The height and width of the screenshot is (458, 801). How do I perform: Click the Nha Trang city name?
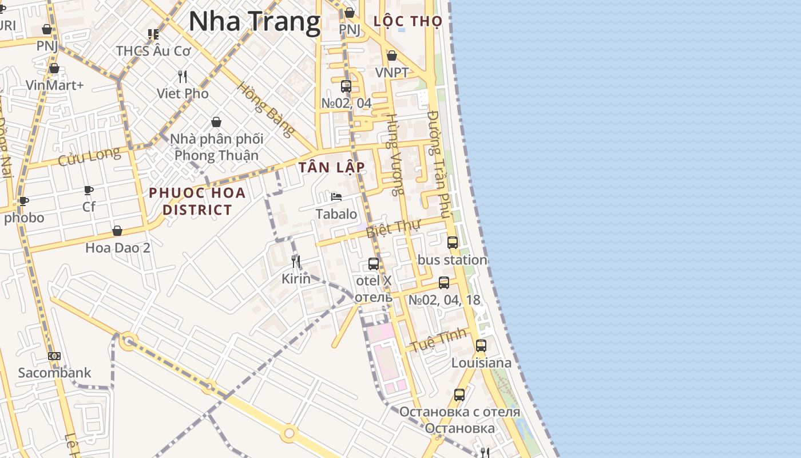click(x=254, y=22)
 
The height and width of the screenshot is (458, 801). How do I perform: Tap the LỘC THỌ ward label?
click(x=407, y=22)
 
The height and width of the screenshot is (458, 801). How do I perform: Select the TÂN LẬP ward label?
click(x=331, y=167)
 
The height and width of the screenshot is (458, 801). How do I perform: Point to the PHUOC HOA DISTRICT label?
click(x=197, y=201)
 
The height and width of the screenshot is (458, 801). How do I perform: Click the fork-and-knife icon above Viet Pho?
click(x=183, y=76)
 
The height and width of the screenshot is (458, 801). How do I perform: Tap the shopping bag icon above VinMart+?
click(x=54, y=69)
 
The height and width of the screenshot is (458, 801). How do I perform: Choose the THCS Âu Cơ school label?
click(x=153, y=51)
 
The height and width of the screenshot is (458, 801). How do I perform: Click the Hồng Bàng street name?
click(x=266, y=109)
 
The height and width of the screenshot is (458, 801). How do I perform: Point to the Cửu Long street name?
click(x=89, y=156)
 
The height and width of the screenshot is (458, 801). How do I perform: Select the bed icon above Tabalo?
click(x=336, y=197)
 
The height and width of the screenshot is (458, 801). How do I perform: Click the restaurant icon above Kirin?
click(x=296, y=262)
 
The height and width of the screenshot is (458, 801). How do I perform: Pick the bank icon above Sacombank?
click(x=54, y=356)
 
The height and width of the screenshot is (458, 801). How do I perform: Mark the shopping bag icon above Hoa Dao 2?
click(x=117, y=231)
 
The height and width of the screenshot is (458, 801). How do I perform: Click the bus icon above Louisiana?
click(x=481, y=346)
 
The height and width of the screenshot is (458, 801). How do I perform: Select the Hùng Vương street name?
click(x=395, y=154)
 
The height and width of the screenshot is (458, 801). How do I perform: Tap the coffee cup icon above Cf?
click(x=89, y=189)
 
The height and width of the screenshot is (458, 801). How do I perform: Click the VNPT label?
click(x=392, y=73)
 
